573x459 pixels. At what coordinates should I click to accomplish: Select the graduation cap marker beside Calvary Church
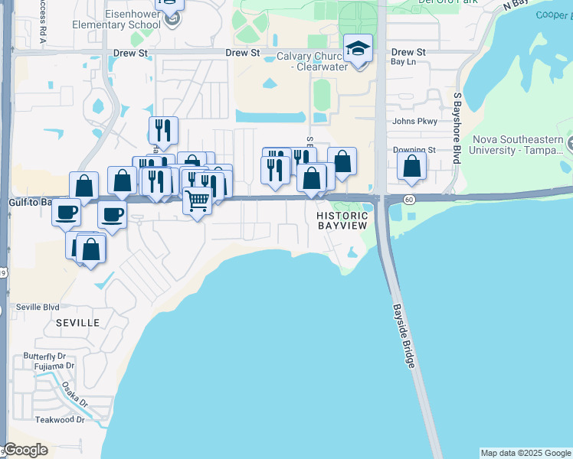[358, 50]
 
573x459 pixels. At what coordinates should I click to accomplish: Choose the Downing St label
[414, 151]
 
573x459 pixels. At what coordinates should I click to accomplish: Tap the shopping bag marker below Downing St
[412, 167]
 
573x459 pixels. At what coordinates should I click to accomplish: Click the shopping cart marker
[198, 202]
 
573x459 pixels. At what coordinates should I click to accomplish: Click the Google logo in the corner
[25, 450]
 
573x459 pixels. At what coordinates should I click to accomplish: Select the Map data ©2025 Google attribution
[526, 453]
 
